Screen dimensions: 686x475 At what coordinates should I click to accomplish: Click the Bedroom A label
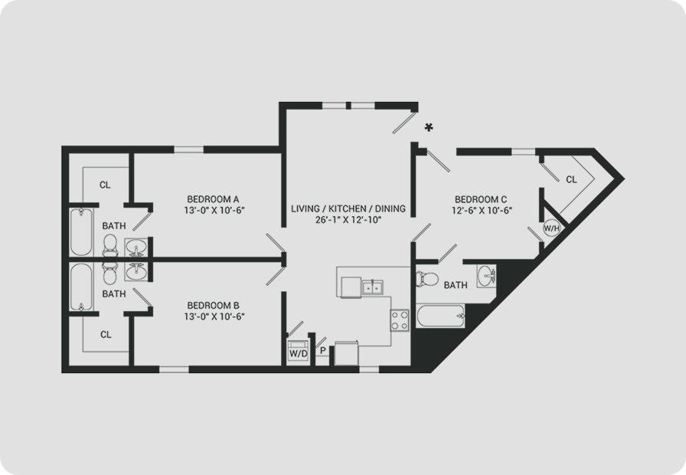click(x=213, y=199)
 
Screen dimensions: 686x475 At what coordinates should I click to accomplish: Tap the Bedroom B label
click(x=213, y=305)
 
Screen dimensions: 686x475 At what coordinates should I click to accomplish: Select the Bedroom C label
click(x=481, y=200)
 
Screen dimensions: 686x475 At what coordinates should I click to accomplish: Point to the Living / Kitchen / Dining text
click(x=348, y=208)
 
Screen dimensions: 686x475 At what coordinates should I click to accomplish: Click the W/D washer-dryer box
click(x=299, y=352)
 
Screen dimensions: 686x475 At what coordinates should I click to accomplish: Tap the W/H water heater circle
click(x=552, y=228)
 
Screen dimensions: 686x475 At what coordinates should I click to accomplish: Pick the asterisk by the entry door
click(x=429, y=127)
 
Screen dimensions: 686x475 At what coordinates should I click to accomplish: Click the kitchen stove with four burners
click(x=400, y=320)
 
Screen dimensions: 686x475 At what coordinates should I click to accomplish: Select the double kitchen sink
click(x=372, y=288)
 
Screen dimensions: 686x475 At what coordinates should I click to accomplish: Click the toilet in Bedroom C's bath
click(x=427, y=279)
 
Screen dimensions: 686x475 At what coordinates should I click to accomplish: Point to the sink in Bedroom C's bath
click(x=486, y=277)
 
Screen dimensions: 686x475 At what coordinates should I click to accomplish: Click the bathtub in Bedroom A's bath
click(x=81, y=231)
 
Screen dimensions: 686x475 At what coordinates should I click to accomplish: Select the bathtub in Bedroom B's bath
click(x=81, y=287)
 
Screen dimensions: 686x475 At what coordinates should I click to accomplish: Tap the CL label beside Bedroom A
click(x=105, y=185)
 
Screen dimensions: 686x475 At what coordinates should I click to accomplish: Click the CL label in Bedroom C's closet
click(x=571, y=179)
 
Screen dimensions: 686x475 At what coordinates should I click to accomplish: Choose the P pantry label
click(x=323, y=350)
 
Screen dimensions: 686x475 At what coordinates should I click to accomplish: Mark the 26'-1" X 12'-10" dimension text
click(x=348, y=220)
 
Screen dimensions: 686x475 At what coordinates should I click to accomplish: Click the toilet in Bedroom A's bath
click(x=109, y=245)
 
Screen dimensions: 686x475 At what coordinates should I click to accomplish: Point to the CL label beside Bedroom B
click(x=106, y=335)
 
